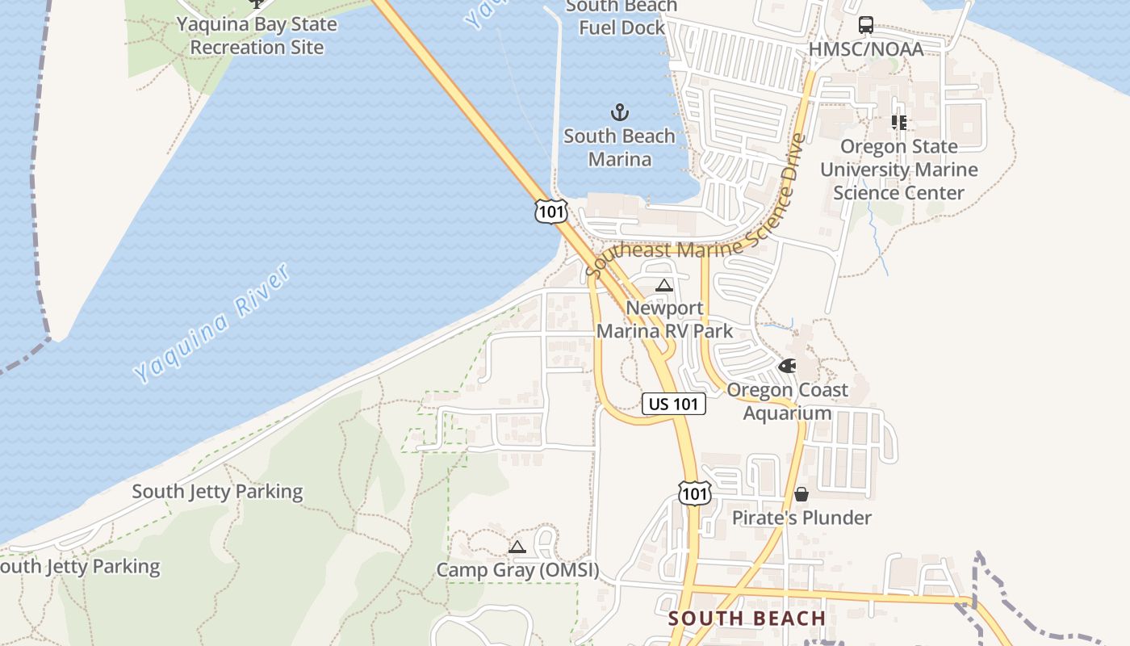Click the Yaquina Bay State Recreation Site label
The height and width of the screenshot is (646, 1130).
click(x=257, y=36)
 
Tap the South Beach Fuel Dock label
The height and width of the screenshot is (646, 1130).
click(x=621, y=17)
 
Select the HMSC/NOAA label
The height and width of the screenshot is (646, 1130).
click(x=866, y=50)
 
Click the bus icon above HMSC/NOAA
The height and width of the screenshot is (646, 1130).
click(x=866, y=25)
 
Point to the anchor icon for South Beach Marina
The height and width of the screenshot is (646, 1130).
click(x=619, y=112)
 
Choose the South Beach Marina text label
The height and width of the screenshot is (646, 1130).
click(x=619, y=148)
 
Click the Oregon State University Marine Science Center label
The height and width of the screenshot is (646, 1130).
click(x=898, y=170)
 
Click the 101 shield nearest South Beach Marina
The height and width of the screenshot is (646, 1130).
click(x=550, y=212)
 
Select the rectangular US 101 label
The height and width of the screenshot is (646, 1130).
click(x=674, y=404)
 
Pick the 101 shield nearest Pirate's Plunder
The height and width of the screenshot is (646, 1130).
click(x=694, y=493)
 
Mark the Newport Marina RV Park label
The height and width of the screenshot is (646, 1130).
click(x=664, y=320)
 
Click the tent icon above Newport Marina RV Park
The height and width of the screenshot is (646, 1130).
click(x=664, y=285)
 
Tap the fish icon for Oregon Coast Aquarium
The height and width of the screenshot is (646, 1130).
click(x=787, y=366)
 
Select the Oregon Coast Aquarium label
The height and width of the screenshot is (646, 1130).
click(x=787, y=401)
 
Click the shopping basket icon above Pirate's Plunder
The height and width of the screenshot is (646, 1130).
click(x=801, y=493)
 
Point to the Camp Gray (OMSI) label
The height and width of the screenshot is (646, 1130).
click(x=517, y=570)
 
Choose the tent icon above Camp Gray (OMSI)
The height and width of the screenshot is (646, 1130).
click(x=517, y=547)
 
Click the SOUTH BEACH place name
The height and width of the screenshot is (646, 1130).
click(x=747, y=619)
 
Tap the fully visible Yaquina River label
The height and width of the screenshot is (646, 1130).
click(x=212, y=324)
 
